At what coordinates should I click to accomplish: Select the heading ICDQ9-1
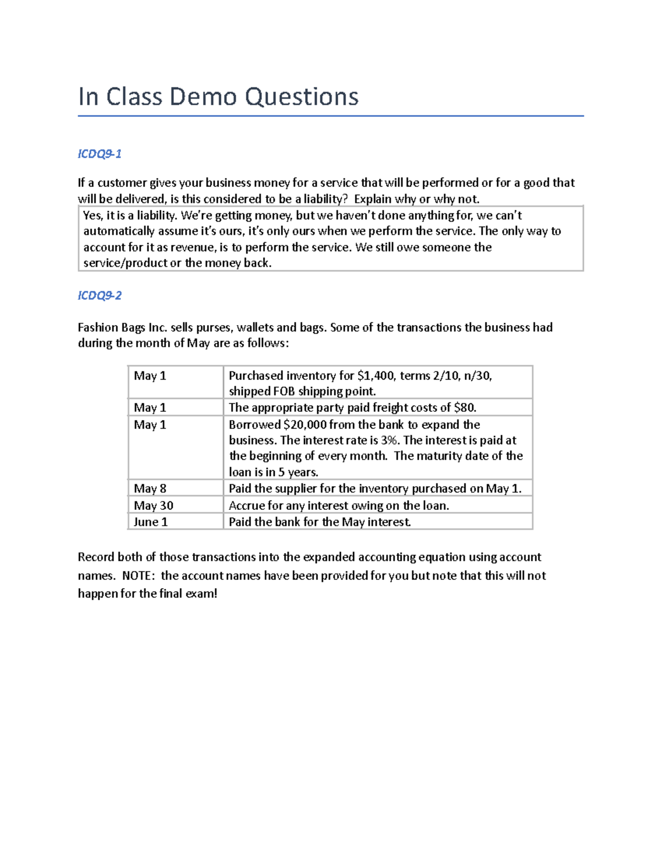99,154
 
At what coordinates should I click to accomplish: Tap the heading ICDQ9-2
99,295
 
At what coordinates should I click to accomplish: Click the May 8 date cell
150,488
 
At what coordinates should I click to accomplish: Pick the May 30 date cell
153,505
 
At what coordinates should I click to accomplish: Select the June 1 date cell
151,522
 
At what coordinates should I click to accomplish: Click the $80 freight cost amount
464,408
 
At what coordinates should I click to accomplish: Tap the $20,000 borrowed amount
305,425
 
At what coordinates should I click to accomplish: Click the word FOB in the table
284,391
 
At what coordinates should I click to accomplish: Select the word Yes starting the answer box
92,216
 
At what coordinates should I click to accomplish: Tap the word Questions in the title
302,97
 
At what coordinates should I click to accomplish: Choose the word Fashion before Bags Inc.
98,327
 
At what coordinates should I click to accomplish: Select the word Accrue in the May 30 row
247,506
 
